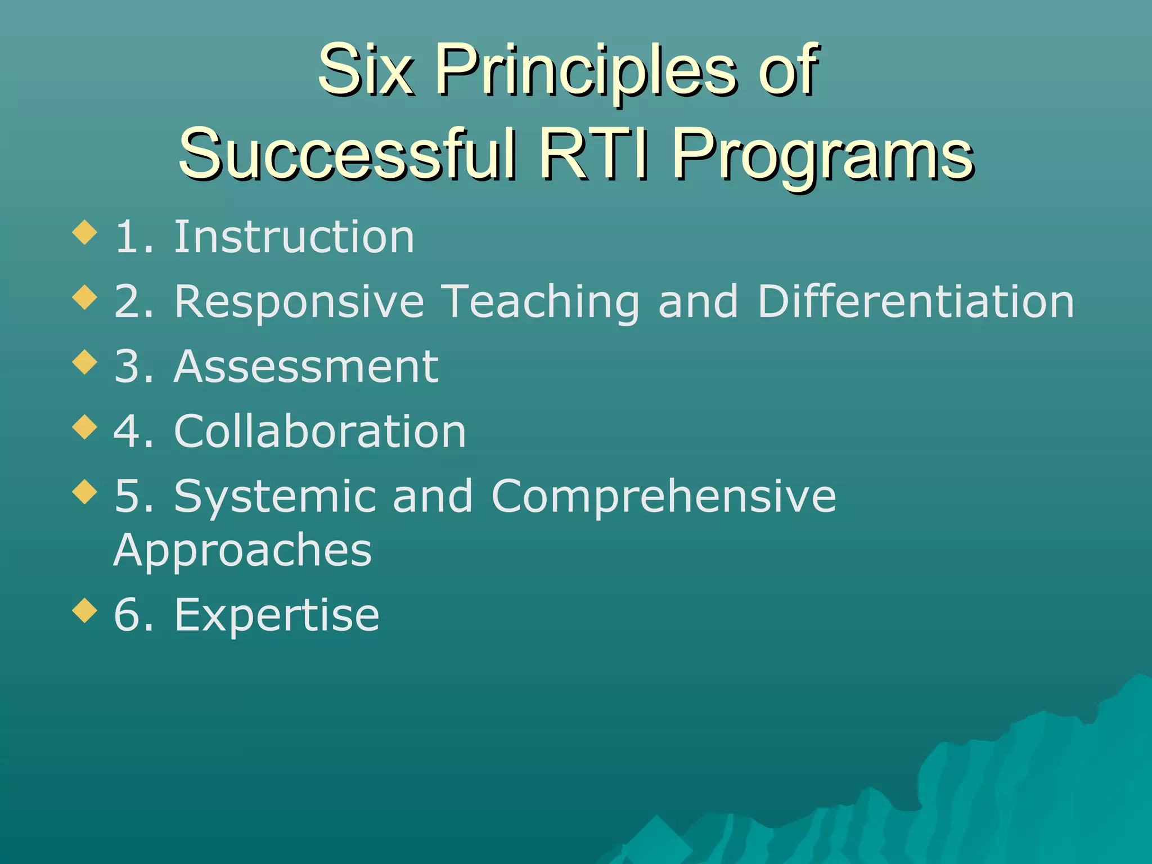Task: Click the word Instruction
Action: pyautogui.click(x=294, y=237)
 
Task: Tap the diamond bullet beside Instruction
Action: pyautogui.click(x=85, y=232)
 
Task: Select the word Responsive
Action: pyautogui.click(x=299, y=302)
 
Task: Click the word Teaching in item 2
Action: pyautogui.click(x=539, y=302)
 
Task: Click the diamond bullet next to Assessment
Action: pyautogui.click(x=85, y=362)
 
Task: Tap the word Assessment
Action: pyautogui.click(x=306, y=366)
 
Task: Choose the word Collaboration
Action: pyautogui.click(x=320, y=431)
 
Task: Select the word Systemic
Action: pyautogui.click(x=275, y=497)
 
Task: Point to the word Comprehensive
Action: pyautogui.click(x=664, y=497)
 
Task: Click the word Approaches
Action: pyautogui.click(x=242, y=550)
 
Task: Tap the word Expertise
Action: pyautogui.click(x=277, y=615)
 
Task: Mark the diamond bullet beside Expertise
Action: pyautogui.click(x=85, y=610)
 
